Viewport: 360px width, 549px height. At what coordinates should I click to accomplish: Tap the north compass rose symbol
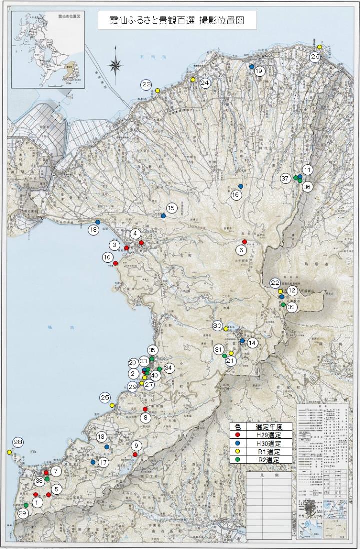tap(116, 63)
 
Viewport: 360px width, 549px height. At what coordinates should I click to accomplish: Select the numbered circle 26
tap(315, 56)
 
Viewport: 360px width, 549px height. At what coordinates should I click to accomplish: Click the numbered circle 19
tap(259, 71)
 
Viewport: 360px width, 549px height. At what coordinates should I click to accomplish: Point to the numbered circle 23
tap(146, 85)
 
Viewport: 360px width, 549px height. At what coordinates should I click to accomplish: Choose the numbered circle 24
tap(205, 83)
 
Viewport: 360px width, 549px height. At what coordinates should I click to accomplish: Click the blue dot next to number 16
tap(241, 186)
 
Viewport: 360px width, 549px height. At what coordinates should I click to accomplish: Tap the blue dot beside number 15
tap(163, 216)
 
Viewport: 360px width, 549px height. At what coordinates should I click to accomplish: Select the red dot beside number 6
tap(244, 242)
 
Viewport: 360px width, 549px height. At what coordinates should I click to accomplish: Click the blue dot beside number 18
tap(98, 222)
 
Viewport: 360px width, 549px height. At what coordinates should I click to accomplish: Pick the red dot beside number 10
tap(116, 263)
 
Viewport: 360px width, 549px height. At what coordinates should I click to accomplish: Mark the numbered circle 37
tap(285, 178)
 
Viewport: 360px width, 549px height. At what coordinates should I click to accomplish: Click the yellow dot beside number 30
tap(226, 328)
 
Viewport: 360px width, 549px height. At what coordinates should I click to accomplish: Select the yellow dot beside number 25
tap(112, 405)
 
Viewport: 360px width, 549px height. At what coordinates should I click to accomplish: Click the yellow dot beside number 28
tap(9, 452)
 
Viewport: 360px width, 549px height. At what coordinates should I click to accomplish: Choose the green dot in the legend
tap(238, 459)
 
